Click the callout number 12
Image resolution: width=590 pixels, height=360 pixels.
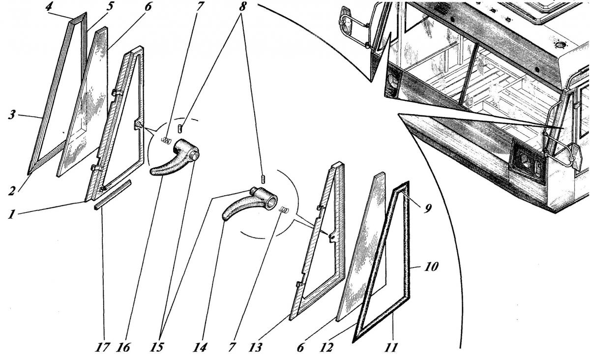(326, 347)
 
